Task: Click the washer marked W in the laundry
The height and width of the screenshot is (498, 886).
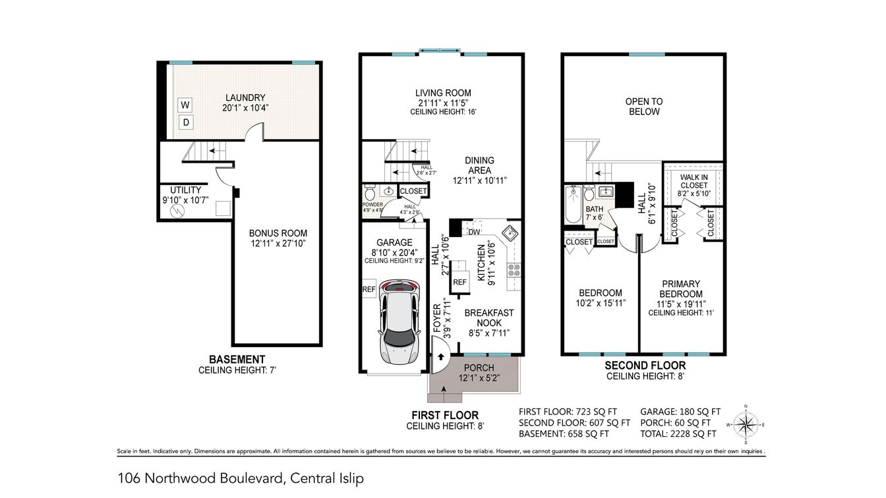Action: click(x=186, y=105)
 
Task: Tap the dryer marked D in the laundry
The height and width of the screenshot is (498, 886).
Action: click(x=186, y=123)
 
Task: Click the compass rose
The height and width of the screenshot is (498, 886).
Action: click(x=745, y=425)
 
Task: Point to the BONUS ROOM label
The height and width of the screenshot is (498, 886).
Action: click(x=278, y=233)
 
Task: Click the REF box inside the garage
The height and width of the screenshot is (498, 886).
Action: click(x=369, y=290)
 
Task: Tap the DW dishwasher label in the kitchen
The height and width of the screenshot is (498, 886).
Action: click(x=473, y=232)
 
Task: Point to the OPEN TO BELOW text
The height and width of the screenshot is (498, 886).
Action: click(x=643, y=107)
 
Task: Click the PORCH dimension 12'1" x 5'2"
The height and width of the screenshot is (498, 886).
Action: click(x=479, y=378)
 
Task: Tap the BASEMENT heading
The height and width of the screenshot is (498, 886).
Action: click(x=237, y=359)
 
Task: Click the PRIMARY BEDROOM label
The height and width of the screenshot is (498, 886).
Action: click(x=681, y=289)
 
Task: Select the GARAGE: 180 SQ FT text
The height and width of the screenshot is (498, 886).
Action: click(x=680, y=410)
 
